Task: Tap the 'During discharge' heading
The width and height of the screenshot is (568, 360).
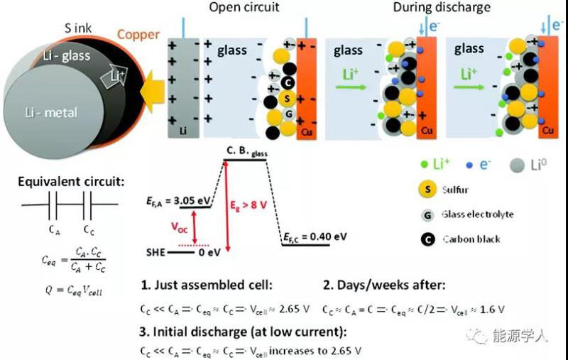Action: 451,8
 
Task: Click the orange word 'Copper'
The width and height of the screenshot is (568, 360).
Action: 138,33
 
